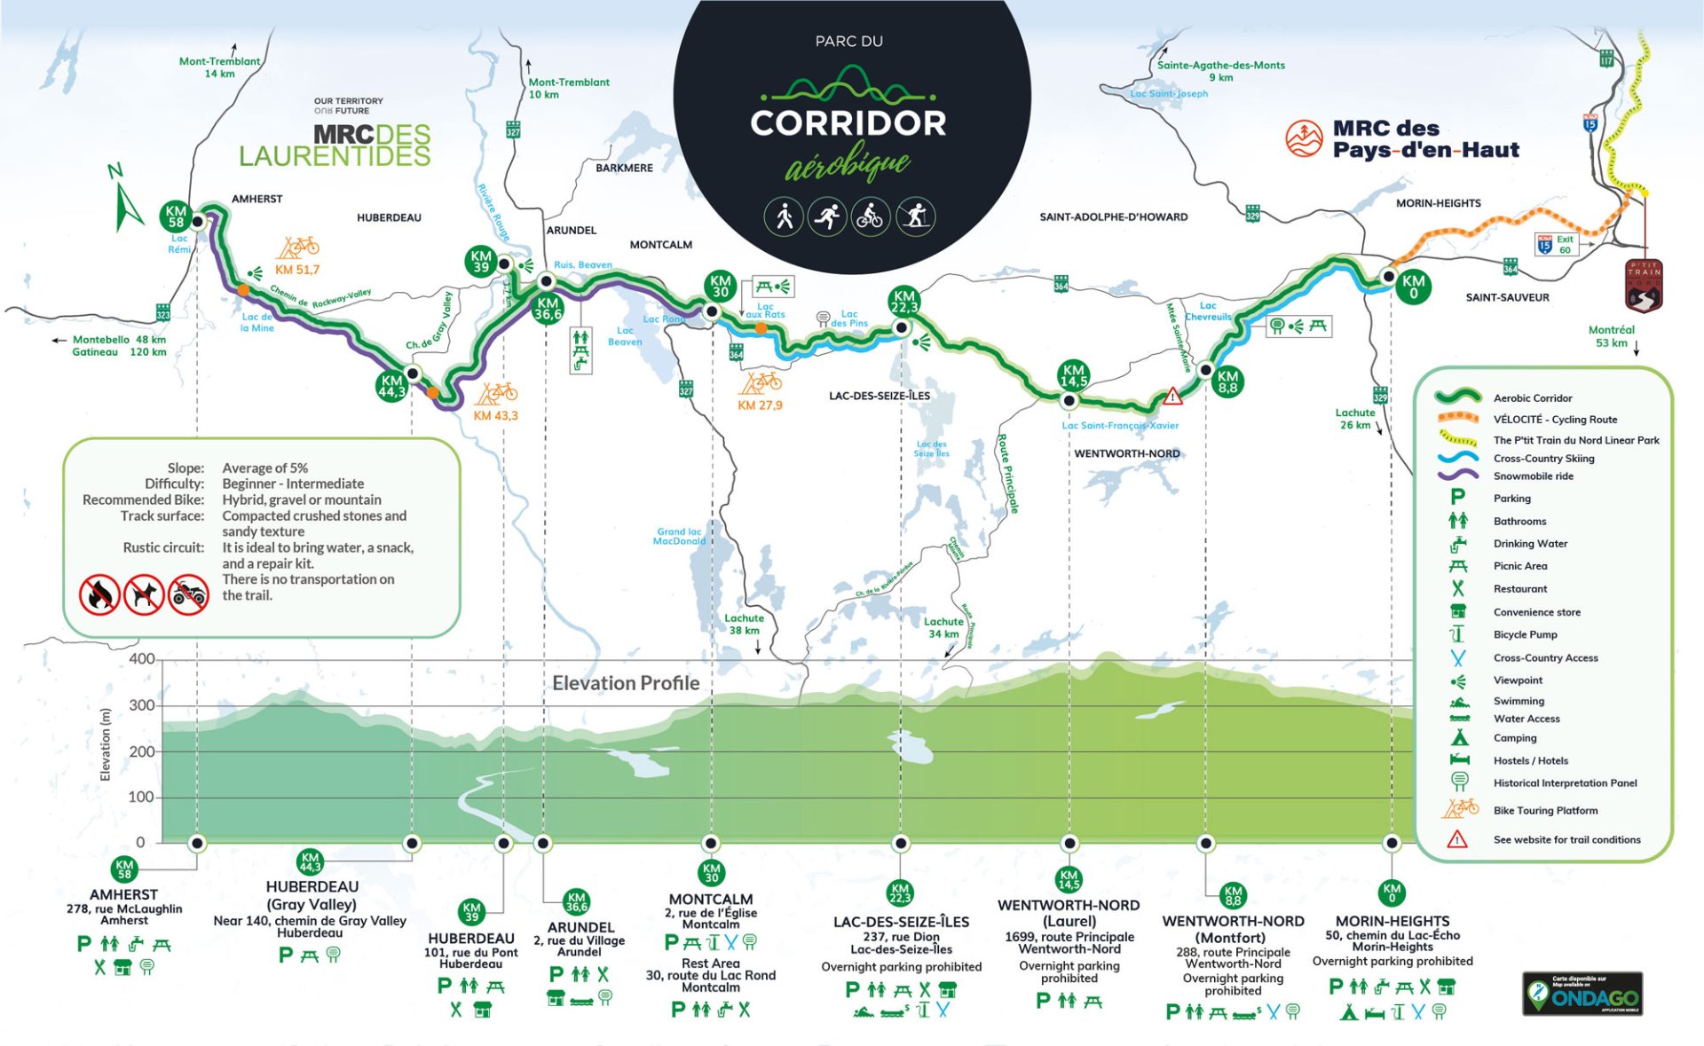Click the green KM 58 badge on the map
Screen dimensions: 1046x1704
coord(176,216)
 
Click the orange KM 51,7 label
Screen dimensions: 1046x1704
coord(297,270)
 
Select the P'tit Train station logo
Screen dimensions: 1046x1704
coord(1643,286)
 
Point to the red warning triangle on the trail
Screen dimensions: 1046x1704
coord(1172,396)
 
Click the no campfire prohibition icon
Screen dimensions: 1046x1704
coord(99,594)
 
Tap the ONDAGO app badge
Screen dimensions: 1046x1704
coord(1582,994)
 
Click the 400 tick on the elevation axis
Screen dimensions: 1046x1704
coord(142,659)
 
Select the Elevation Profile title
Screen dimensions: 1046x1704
coord(626,683)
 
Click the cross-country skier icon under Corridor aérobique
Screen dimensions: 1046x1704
coord(915,216)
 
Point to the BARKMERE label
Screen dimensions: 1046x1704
coord(624,168)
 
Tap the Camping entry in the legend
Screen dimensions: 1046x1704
coord(1514,738)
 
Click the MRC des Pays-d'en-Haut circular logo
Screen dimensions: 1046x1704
coord(1304,139)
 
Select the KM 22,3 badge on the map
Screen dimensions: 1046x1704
coord(904,302)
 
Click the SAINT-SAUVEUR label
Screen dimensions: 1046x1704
coord(1507,297)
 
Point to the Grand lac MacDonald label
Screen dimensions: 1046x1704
coord(679,536)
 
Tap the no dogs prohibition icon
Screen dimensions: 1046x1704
coord(144,594)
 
